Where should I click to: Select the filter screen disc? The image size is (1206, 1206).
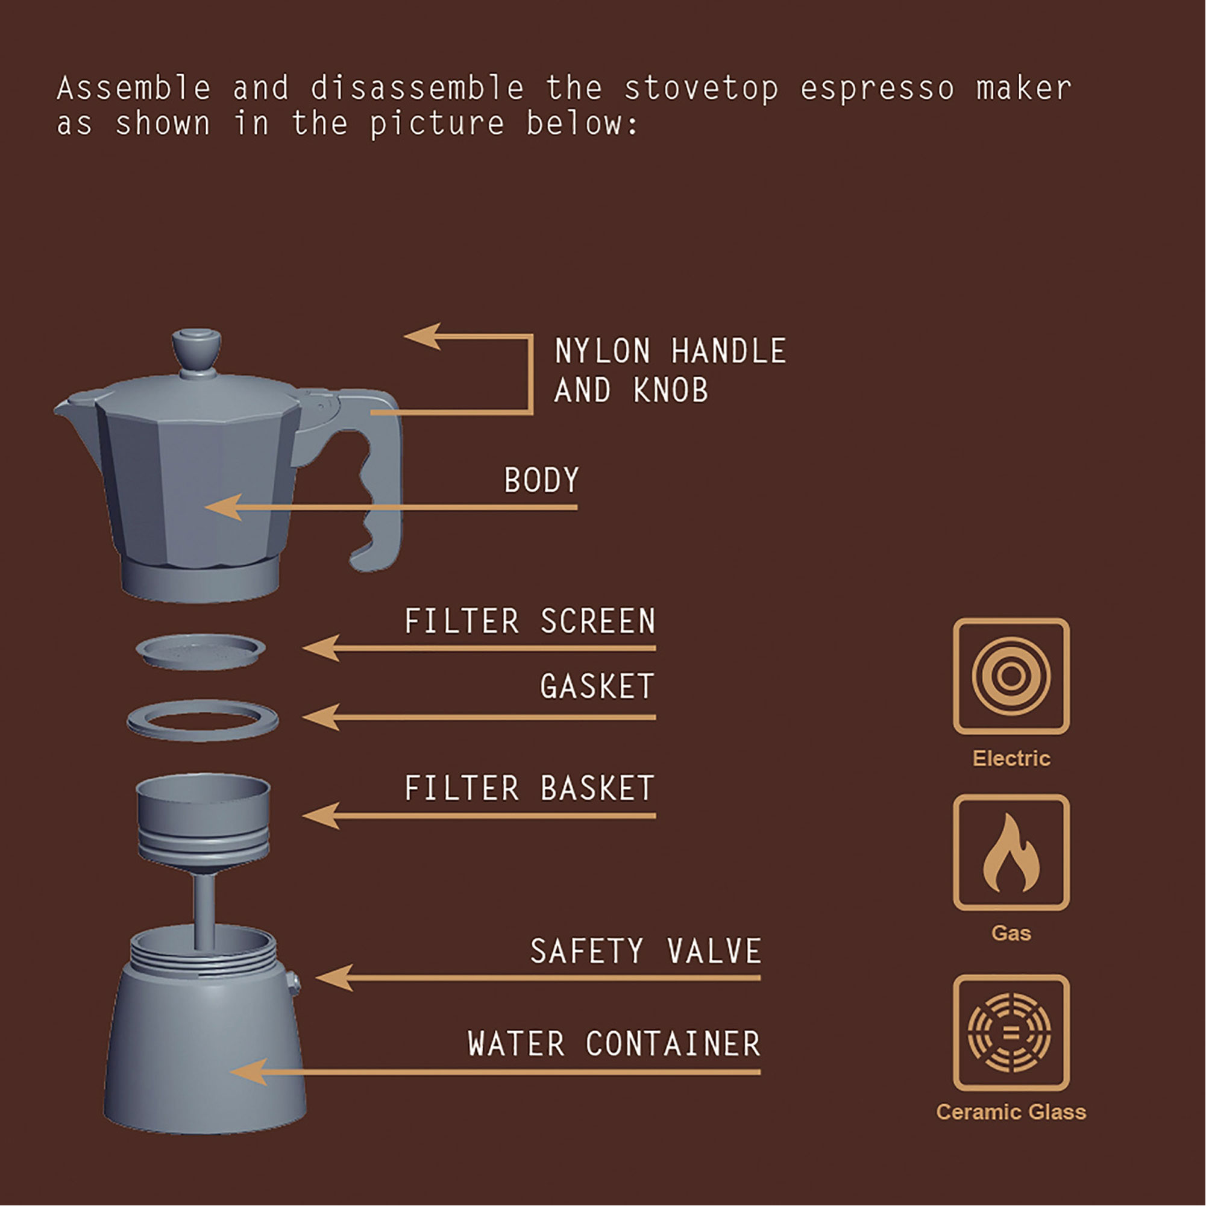(x=200, y=652)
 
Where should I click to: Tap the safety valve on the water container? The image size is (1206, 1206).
(x=294, y=984)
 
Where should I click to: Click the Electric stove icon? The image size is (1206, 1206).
(x=1011, y=676)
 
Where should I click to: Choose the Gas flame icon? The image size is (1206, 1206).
(x=1011, y=853)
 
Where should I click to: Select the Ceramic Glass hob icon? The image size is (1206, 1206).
(x=1011, y=1033)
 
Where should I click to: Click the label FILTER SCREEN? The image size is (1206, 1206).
(x=530, y=622)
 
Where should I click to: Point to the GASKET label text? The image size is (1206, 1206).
(x=597, y=686)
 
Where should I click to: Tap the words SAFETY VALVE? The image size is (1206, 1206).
(x=645, y=951)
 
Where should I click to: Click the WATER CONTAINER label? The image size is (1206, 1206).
(x=614, y=1044)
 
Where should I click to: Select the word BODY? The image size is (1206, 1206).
(x=541, y=481)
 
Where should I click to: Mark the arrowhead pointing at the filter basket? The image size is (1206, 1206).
(x=321, y=815)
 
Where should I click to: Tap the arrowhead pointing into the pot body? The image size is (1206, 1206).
(x=224, y=507)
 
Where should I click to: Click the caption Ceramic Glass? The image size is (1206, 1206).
(x=1011, y=1113)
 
